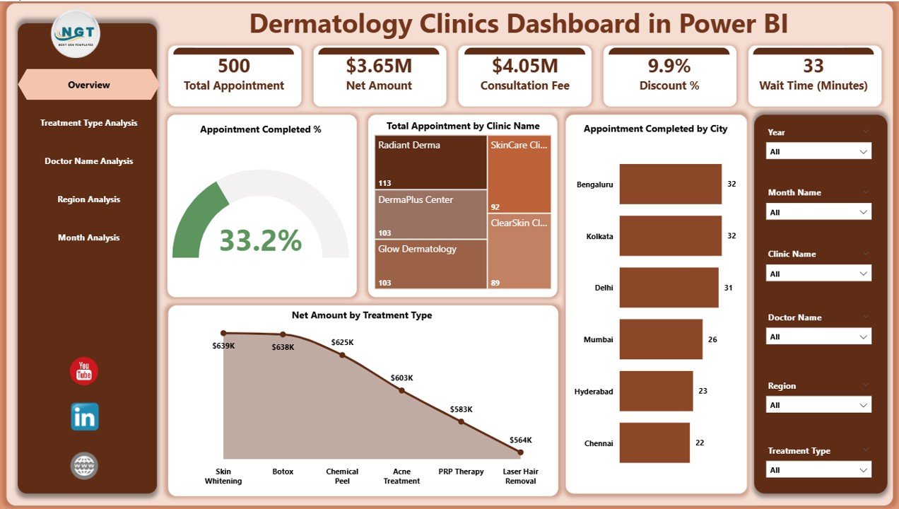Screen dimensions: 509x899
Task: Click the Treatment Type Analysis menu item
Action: click(88, 123)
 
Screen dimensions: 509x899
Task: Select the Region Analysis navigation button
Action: click(88, 199)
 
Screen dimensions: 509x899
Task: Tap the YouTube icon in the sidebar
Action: click(84, 371)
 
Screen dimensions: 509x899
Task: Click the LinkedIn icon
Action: click(84, 417)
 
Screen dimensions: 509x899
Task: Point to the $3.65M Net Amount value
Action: click(379, 66)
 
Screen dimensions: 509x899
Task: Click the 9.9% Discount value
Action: click(669, 66)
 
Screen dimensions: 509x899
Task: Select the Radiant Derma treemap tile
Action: click(430, 163)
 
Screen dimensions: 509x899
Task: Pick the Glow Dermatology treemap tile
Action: click(430, 264)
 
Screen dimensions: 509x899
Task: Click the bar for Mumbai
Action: click(661, 339)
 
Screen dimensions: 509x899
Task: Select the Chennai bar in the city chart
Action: click(654, 443)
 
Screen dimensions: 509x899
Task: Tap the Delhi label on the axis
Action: click(604, 288)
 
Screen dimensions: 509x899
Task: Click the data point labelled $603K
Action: click(401, 390)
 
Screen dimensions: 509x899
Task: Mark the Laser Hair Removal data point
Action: click(520, 452)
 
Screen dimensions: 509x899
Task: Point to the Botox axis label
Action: click(283, 472)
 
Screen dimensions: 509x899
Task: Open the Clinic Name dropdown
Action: click(818, 274)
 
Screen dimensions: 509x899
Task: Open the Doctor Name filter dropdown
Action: click(818, 337)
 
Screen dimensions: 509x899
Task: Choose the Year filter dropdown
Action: click(818, 151)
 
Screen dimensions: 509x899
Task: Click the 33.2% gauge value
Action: click(260, 240)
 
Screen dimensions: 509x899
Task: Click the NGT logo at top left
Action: click(76, 34)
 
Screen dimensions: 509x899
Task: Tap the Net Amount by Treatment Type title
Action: click(362, 315)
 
